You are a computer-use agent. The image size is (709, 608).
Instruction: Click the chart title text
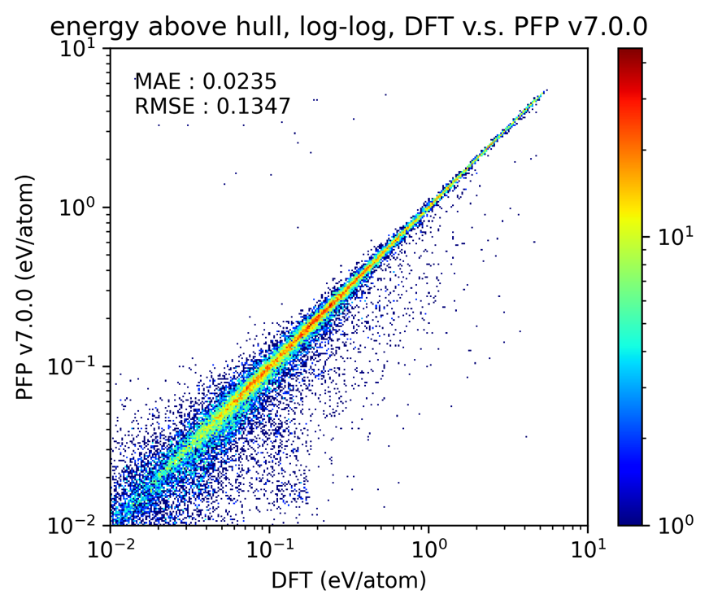click(x=348, y=26)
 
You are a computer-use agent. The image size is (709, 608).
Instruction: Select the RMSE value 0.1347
click(x=252, y=106)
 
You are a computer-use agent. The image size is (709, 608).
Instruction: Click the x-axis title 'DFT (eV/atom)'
click(x=348, y=580)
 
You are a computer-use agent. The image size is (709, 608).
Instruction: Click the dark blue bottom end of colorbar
click(x=630, y=519)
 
